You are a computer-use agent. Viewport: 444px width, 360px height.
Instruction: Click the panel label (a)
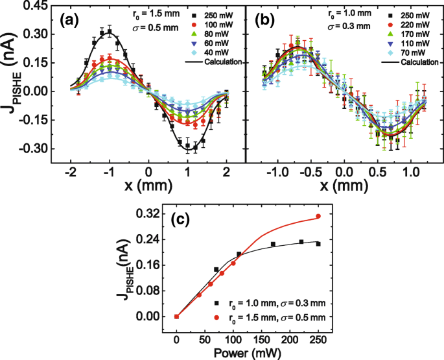70,20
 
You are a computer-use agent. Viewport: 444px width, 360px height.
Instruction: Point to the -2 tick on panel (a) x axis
69,174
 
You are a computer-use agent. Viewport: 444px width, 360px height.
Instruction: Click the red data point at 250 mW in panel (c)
318,216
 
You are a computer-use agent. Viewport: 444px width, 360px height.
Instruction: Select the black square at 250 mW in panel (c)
318,244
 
